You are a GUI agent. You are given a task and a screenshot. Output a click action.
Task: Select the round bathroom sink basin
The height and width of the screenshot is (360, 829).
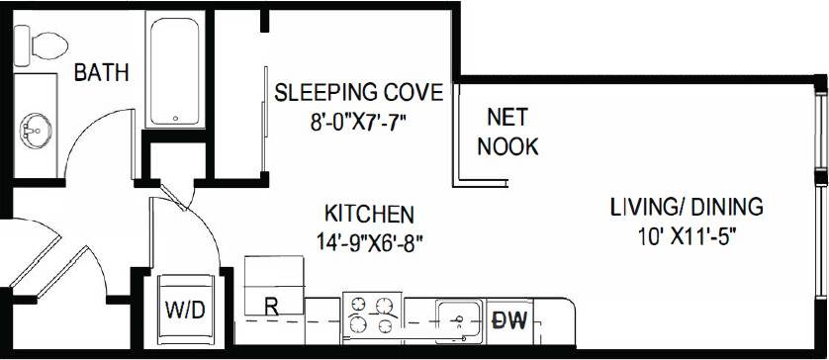[38, 129]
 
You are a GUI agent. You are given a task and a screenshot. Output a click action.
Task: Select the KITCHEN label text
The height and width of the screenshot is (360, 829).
[368, 214]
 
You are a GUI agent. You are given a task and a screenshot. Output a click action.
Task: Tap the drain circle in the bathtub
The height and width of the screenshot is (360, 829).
[177, 120]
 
